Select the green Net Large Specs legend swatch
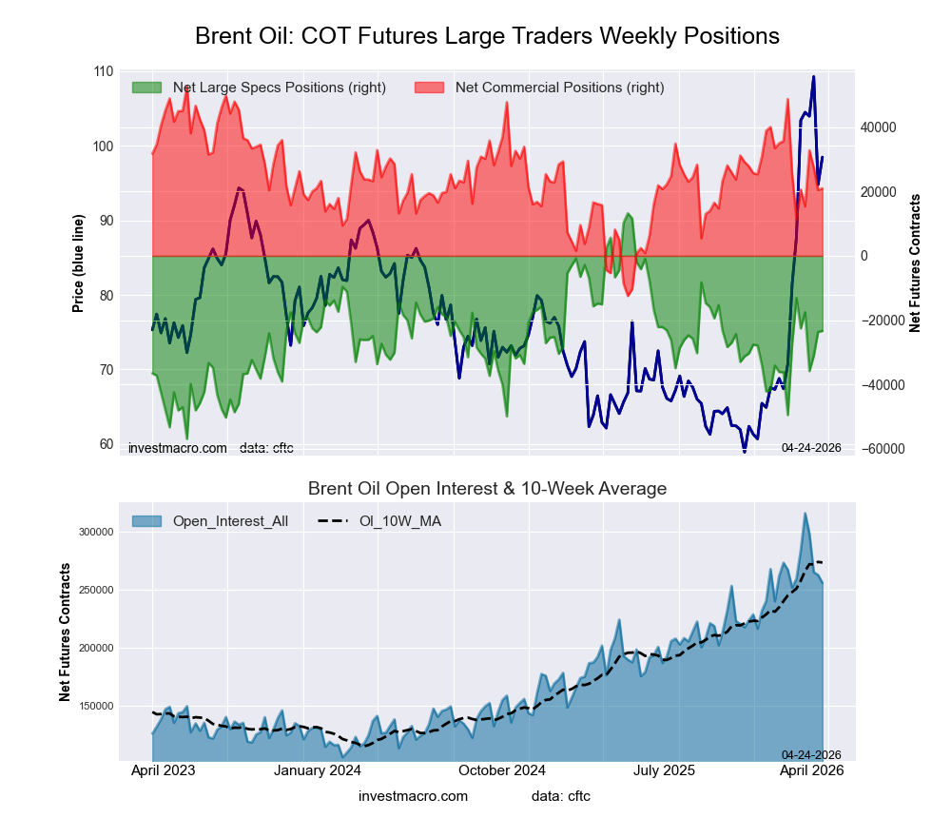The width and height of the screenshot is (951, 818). coord(147,88)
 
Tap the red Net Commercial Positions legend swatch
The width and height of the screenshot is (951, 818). coord(430,88)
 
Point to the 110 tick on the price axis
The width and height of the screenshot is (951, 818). coord(103,71)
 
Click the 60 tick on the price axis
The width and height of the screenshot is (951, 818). coord(106,444)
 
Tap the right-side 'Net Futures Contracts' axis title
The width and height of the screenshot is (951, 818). coord(915,263)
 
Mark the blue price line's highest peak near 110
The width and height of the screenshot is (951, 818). coord(813,77)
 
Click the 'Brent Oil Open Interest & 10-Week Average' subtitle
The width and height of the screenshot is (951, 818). coord(487,489)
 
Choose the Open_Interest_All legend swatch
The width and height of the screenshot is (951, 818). coord(147,520)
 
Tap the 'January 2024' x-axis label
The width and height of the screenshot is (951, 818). coord(318,770)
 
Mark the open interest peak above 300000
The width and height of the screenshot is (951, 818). coord(805,514)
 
